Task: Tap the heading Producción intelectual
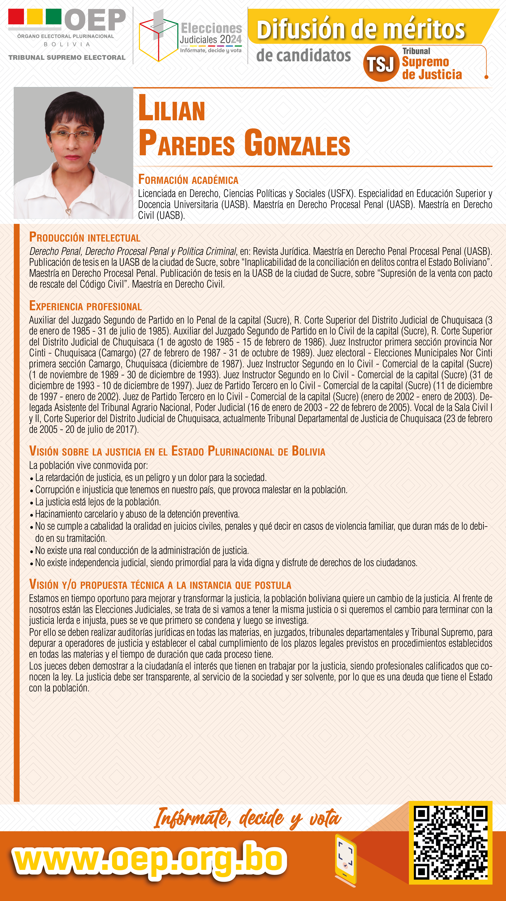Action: [x=85, y=237]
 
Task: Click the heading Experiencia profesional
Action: [x=85, y=306]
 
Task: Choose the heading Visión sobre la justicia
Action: [x=177, y=451]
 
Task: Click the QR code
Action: [x=450, y=843]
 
